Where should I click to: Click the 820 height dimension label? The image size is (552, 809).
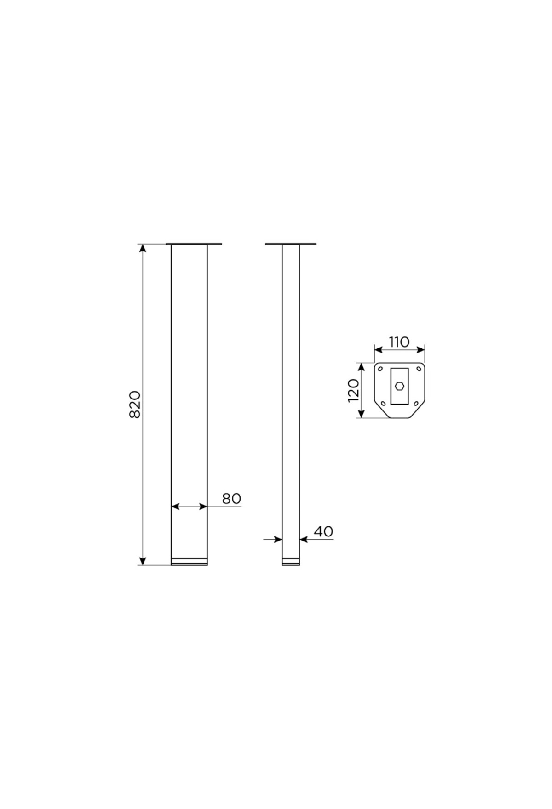[x=134, y=404]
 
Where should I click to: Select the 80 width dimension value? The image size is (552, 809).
[x=231, y=499]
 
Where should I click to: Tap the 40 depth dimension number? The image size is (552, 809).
[x=323, y=531]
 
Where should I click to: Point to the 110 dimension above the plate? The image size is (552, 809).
[x=399, y=342]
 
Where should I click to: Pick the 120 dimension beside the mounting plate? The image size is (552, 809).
[x=353, y=390]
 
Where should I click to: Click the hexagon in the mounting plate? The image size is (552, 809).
[x=399, y=386]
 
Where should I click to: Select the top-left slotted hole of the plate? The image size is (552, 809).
[x=380, y=369]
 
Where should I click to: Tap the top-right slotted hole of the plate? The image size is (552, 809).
[x=418, y=369]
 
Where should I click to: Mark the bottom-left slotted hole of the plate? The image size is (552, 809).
[x=383, y=404]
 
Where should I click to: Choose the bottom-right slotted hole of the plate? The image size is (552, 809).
[x=416, y=404]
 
